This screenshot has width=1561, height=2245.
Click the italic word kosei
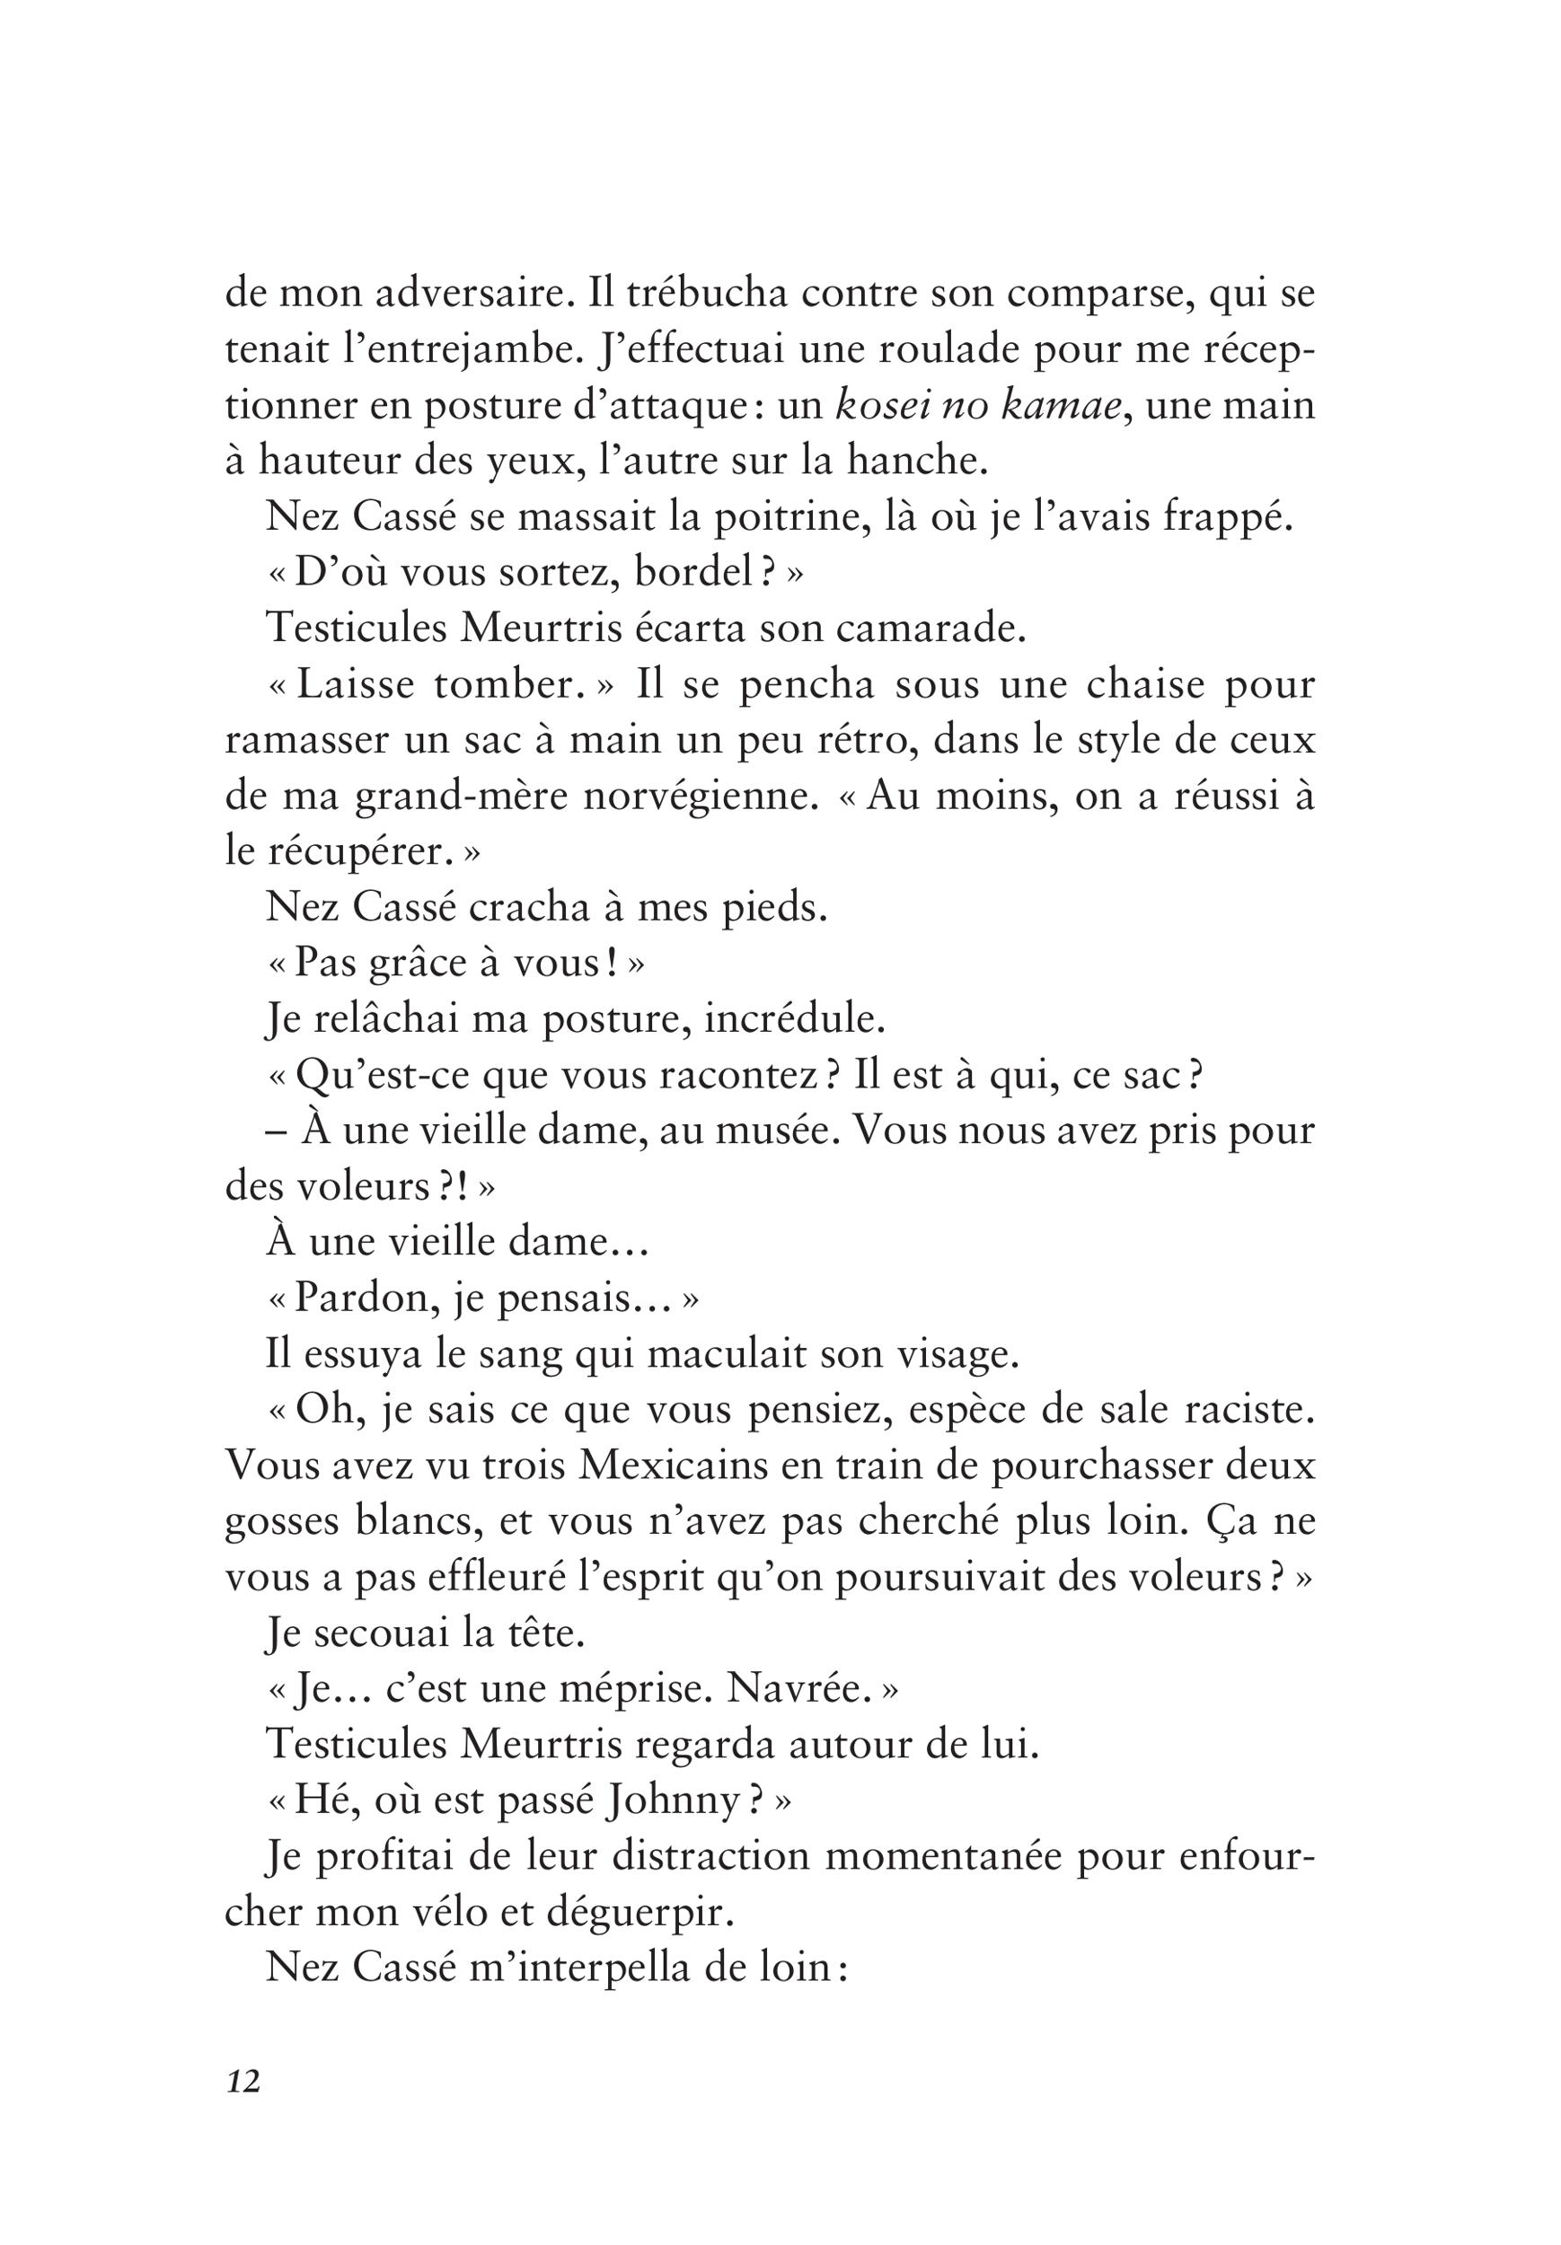point(880,406)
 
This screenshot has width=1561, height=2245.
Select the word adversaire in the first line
point(472,295)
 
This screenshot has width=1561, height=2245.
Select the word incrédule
point(795,1020)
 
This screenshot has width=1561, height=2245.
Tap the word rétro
point(858,741)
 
